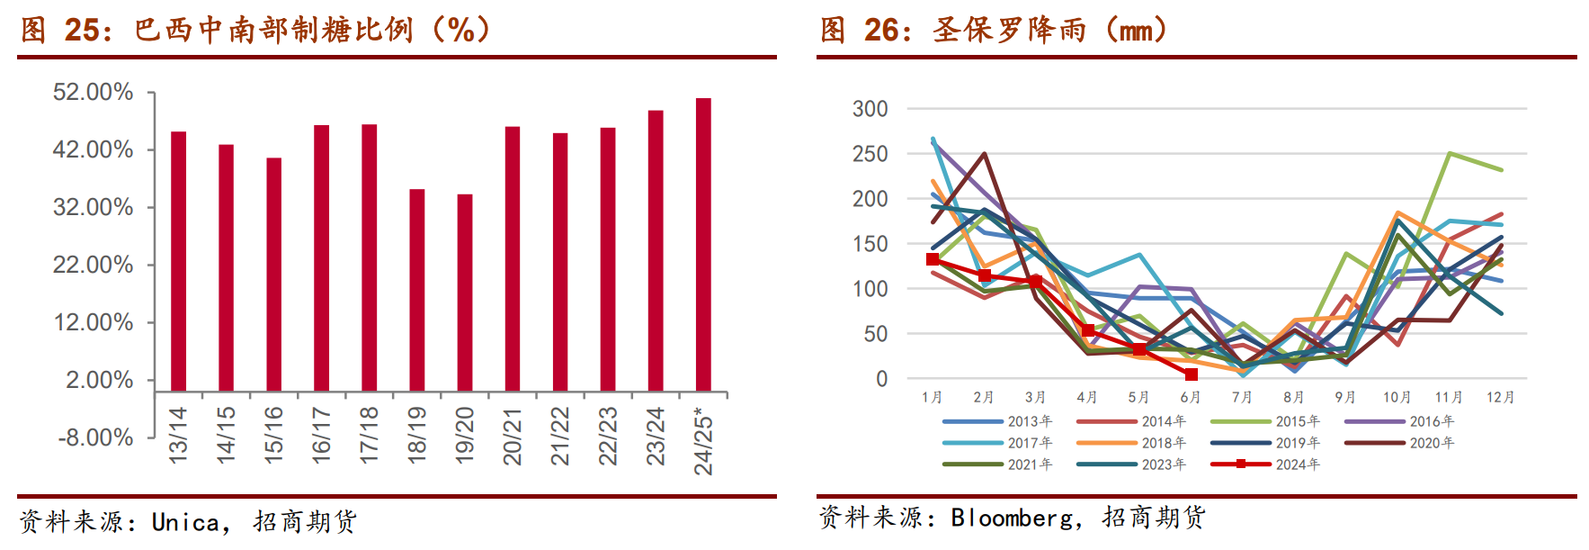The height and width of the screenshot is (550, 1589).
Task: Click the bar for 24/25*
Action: [x=703, y=244]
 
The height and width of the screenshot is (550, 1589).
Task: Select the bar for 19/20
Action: [x=465, y=292]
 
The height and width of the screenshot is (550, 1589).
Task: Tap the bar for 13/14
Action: [x=178, y=261]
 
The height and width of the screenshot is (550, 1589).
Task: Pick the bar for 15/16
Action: [x=273, y=274]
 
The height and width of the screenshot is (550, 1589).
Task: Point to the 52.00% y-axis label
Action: [x=93, y=92]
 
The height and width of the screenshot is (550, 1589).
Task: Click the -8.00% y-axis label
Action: [x=95, y=437]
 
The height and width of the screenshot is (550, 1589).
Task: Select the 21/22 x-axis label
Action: [x=560, y=436]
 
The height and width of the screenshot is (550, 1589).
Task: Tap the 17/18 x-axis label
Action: [x=369, y=436]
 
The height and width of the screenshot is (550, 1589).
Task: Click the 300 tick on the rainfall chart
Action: [x=870, y=109]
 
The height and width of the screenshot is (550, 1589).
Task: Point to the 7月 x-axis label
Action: [x=1242, y=397]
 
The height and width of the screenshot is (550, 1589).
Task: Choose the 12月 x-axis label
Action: [x=1500, y=397]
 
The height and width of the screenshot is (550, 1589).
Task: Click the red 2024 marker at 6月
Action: [x=1191, y=374]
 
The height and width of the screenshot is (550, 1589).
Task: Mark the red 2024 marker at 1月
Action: [x=933, y=259]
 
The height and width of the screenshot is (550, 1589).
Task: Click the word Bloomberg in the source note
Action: [x=1011, y=518]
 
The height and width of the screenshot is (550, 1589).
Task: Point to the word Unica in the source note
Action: [x=185, y=522]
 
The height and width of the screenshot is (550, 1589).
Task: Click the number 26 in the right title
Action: [x=882, y=30]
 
